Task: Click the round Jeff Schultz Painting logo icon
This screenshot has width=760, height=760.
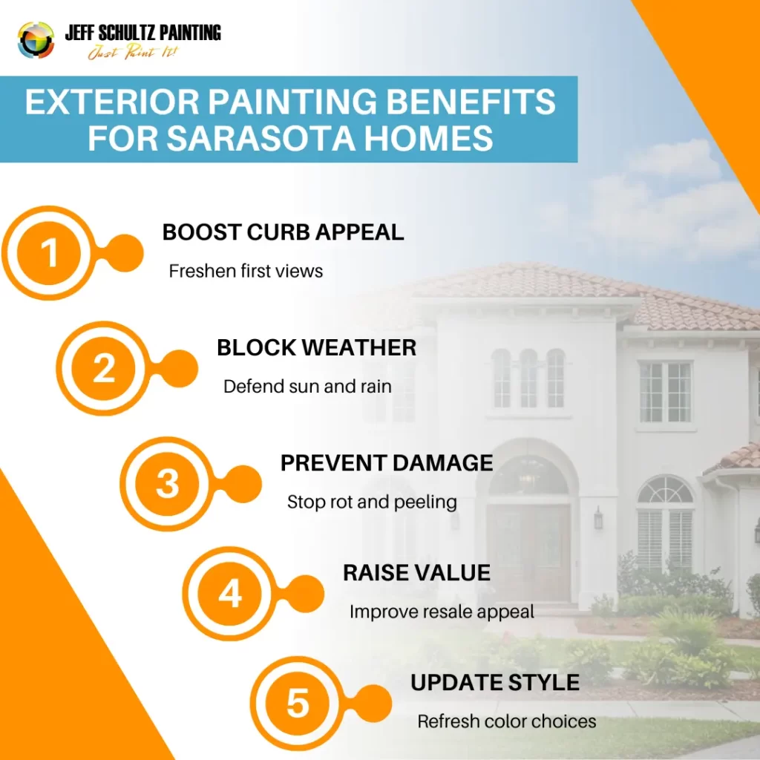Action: click(36, 40)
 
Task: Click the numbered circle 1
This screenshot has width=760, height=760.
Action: click(49, 252)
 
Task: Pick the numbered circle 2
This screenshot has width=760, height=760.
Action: click(104, 368)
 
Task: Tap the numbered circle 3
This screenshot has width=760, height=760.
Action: click(167, 483)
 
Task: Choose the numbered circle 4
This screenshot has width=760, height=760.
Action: click(230, 593)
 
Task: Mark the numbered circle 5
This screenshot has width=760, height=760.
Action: click(298, 703)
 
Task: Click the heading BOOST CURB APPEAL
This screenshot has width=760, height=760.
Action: click(283, 232)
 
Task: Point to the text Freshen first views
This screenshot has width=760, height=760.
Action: click(246, 271)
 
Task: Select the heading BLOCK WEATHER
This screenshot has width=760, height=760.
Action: click(316, 347)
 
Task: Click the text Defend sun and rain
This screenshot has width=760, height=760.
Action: click(307, 386)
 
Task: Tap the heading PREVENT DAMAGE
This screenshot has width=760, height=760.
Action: click(387, 463)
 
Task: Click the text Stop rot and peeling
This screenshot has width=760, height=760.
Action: click(372, 502)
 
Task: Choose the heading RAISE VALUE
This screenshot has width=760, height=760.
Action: click(417, 572)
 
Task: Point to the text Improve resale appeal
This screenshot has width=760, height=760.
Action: click(442, 612)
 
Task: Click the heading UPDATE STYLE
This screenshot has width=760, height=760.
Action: click(495, 683)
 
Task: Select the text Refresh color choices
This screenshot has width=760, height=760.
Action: click(506, 721)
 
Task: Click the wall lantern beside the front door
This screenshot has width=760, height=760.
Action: click(599, 518)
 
